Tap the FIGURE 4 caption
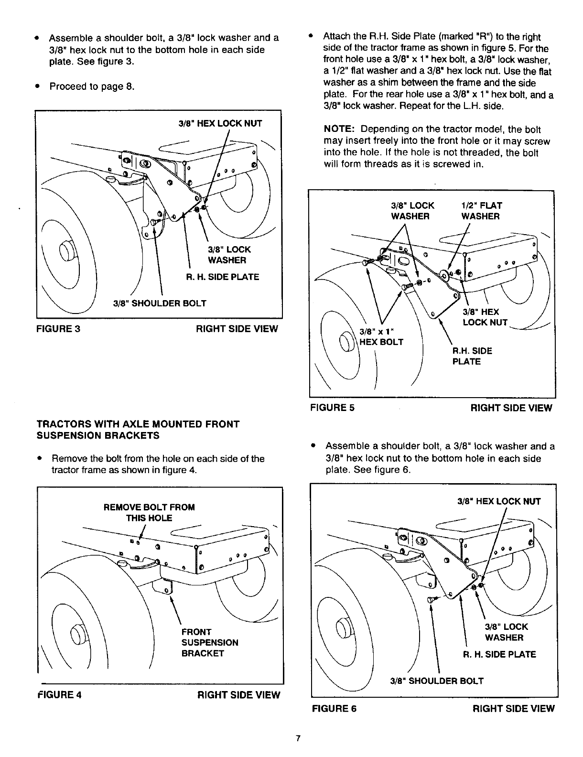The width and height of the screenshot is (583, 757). pos(59,695)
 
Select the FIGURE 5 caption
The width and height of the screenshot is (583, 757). pos(332,408)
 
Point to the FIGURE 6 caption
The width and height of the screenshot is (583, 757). pos(334,708)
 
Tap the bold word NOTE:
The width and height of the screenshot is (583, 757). pos(340,130)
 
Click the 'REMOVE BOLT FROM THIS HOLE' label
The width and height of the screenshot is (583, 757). pos(149,512)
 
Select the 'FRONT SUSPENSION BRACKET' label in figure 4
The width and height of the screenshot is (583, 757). pos(209,642)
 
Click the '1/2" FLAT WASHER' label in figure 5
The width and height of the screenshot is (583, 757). pos(481,211)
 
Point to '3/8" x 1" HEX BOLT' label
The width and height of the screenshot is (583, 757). pos(381,337)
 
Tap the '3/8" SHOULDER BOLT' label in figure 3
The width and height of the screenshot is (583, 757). pos(160,303)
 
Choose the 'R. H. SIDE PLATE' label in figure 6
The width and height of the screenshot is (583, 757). pos(499,654)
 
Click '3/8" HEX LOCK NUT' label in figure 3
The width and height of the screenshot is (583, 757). pos(220,123)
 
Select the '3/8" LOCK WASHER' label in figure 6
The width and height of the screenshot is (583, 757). pos(506,632)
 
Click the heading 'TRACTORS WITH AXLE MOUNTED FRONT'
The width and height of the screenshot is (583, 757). pos(138,424)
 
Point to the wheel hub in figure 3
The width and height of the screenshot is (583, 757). pos(66,249)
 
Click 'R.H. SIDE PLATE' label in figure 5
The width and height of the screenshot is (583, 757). pos(472,356)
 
